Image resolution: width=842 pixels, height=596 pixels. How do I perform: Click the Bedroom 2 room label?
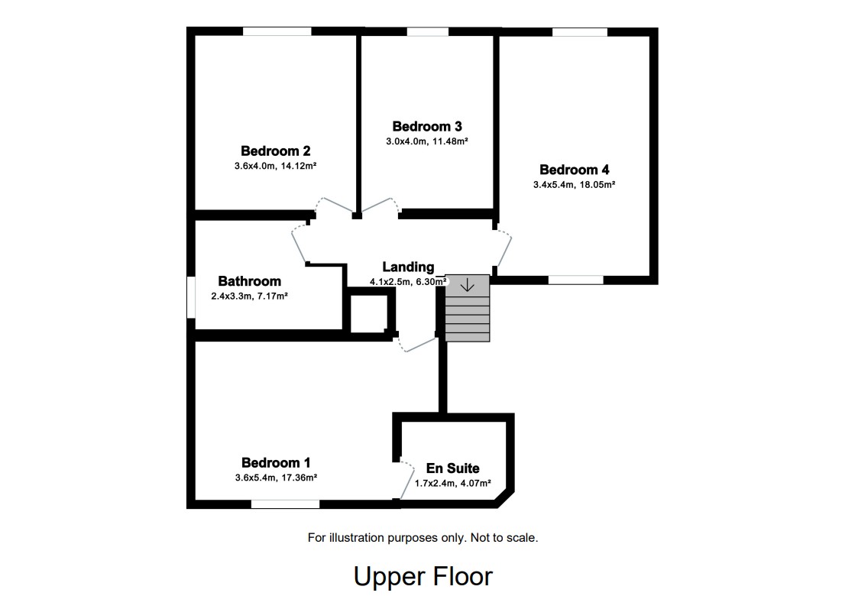click(275, 151)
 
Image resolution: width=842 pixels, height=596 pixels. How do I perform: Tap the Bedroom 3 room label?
click(426, 127)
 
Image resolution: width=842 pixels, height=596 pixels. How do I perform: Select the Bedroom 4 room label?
click(574, 170)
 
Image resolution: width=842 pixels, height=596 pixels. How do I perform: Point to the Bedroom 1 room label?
click(275, 463)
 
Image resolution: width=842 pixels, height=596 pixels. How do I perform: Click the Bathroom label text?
click(249, 282)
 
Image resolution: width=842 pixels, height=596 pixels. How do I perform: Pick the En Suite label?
click(452, 468)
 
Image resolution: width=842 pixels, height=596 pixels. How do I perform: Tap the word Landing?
click(408, 267)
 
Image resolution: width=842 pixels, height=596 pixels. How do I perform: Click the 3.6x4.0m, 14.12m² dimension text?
click(275, 166)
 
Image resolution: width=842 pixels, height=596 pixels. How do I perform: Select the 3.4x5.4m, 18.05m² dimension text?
click(574, 184)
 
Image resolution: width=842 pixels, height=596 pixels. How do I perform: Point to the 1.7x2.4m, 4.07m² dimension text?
click(452, 483)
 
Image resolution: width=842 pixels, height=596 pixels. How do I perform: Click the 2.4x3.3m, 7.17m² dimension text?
click(249, 296)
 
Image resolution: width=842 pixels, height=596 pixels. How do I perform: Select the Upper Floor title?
click(423, 576)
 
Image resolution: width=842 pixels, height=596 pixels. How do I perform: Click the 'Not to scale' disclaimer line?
click(423, 538)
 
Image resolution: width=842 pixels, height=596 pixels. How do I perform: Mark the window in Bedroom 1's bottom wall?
click(285, 504)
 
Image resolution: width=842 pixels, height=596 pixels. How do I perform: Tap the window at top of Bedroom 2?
click(277, 31)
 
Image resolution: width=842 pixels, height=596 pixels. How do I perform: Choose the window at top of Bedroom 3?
click(427, 31)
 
